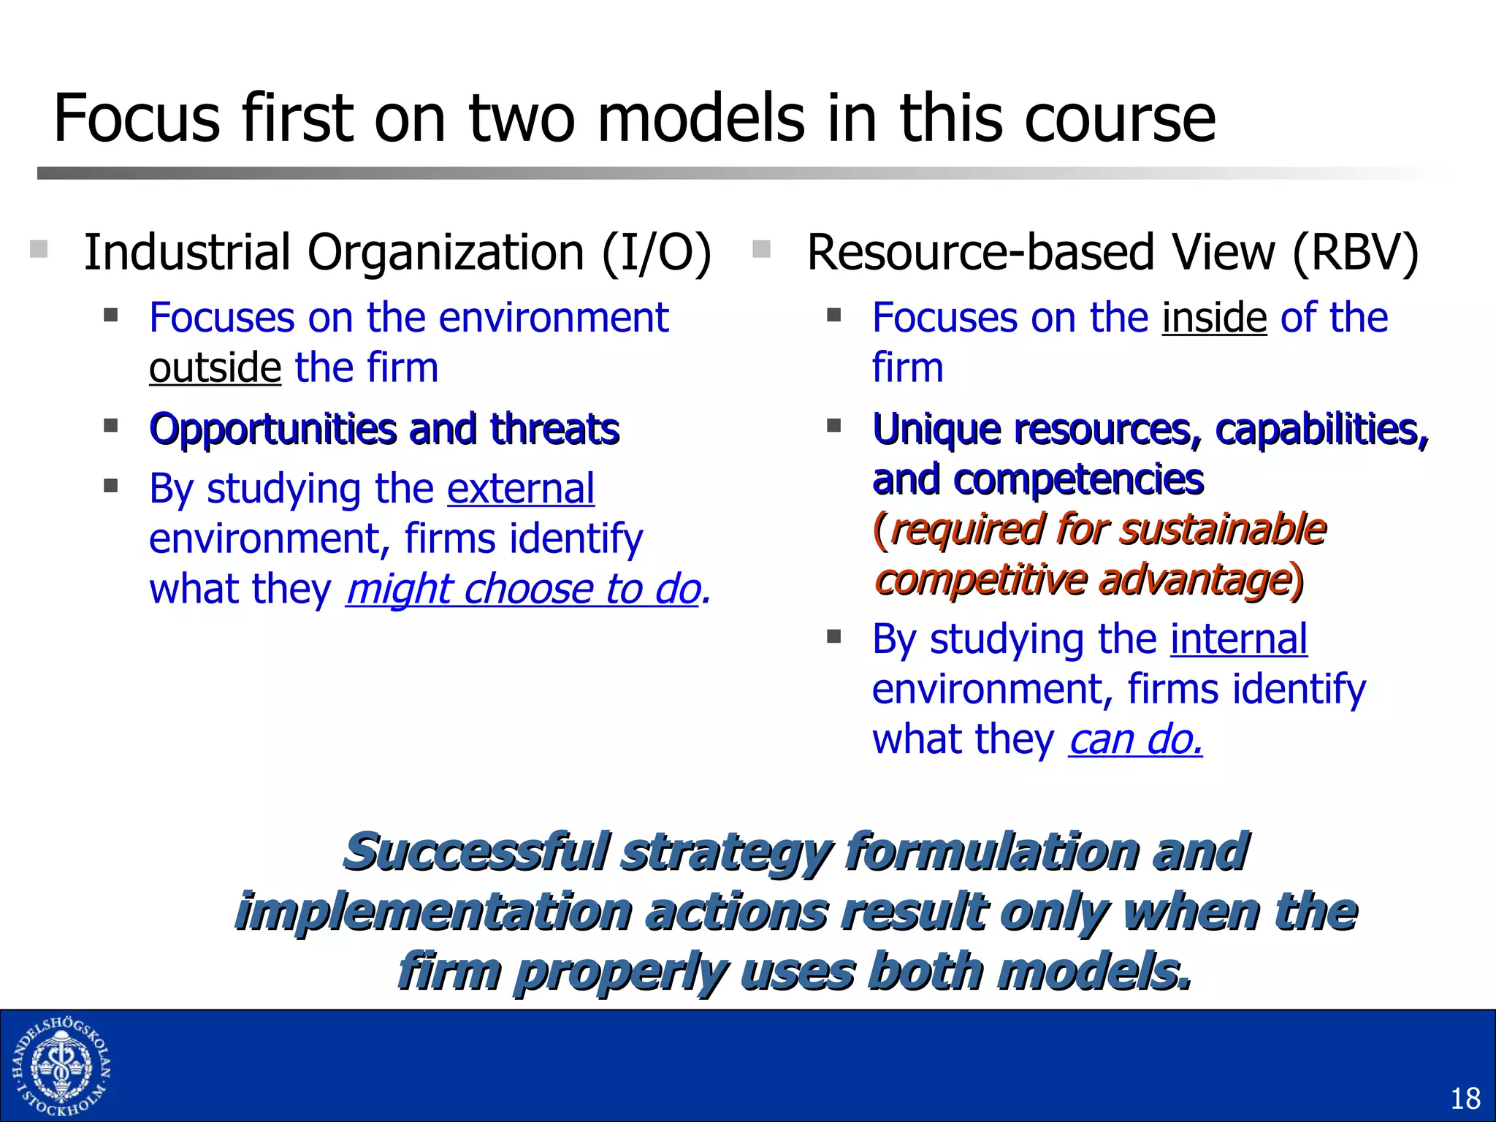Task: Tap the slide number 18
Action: tap(1464, 1099)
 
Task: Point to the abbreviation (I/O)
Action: tap(656, 253)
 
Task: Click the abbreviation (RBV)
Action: tap(1355, 253)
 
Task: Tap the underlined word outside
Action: tap(215, 367)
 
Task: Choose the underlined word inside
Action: tap(1214, 318)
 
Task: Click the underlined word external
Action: tap(521, 489)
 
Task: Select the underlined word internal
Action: tap(1239, 639)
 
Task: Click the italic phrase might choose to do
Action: tap(523, 589)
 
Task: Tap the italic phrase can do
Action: tap(1135, 740)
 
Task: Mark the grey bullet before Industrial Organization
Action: tap(39, 250)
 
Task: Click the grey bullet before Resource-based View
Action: tap(761, 250)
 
